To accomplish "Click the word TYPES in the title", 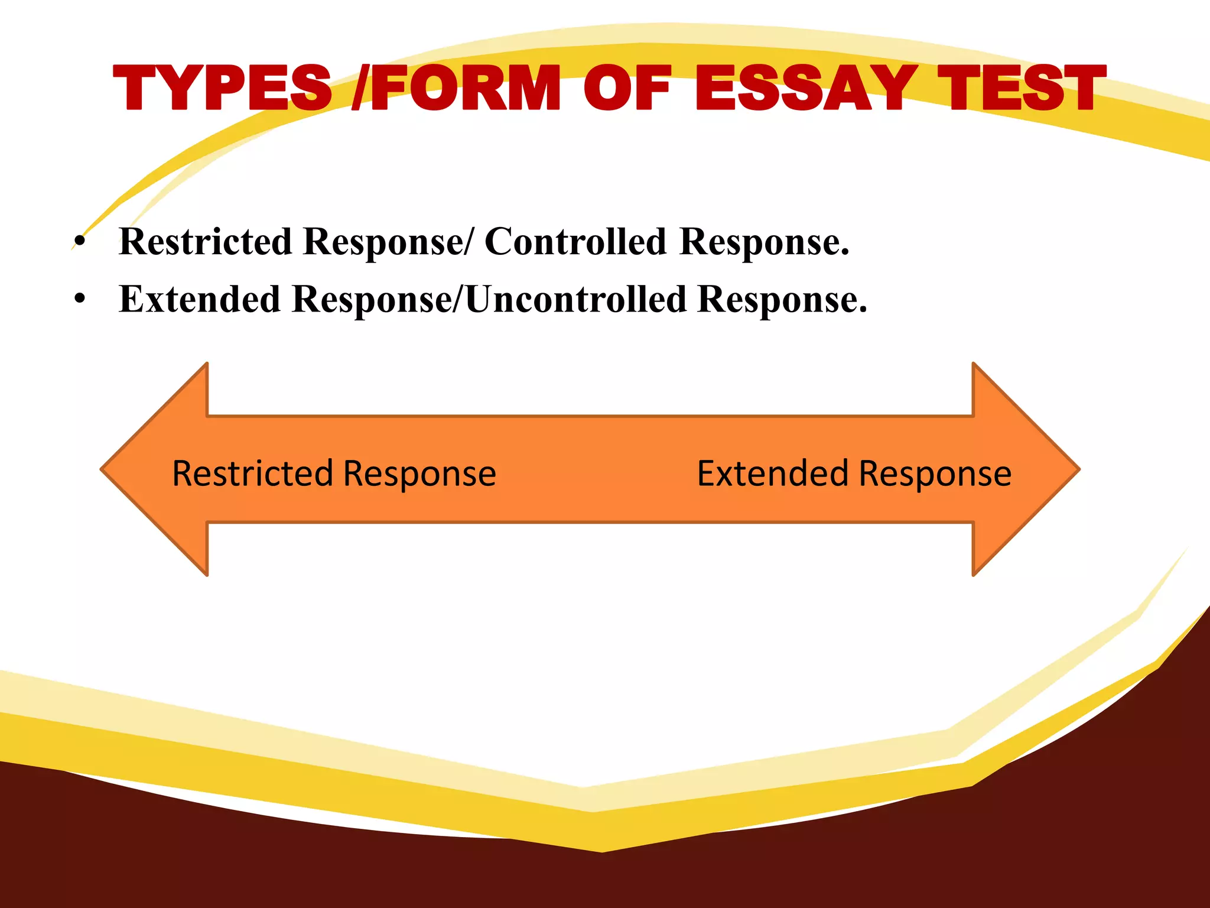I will (x=222, y=89).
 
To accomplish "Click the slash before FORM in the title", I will (x=360, y=89).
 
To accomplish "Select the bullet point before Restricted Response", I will (x=80, y=242).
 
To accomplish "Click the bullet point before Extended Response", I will (x=80, y=300).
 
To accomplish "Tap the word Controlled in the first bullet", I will (x=575, y=242).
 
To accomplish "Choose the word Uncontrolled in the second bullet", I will (x=575, y=299).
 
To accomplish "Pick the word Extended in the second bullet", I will (x=199, y=299).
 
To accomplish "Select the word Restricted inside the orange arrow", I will (x=252, y=474).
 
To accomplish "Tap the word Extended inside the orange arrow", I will (x=772, y=474).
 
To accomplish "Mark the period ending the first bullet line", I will (x=845, y=253).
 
